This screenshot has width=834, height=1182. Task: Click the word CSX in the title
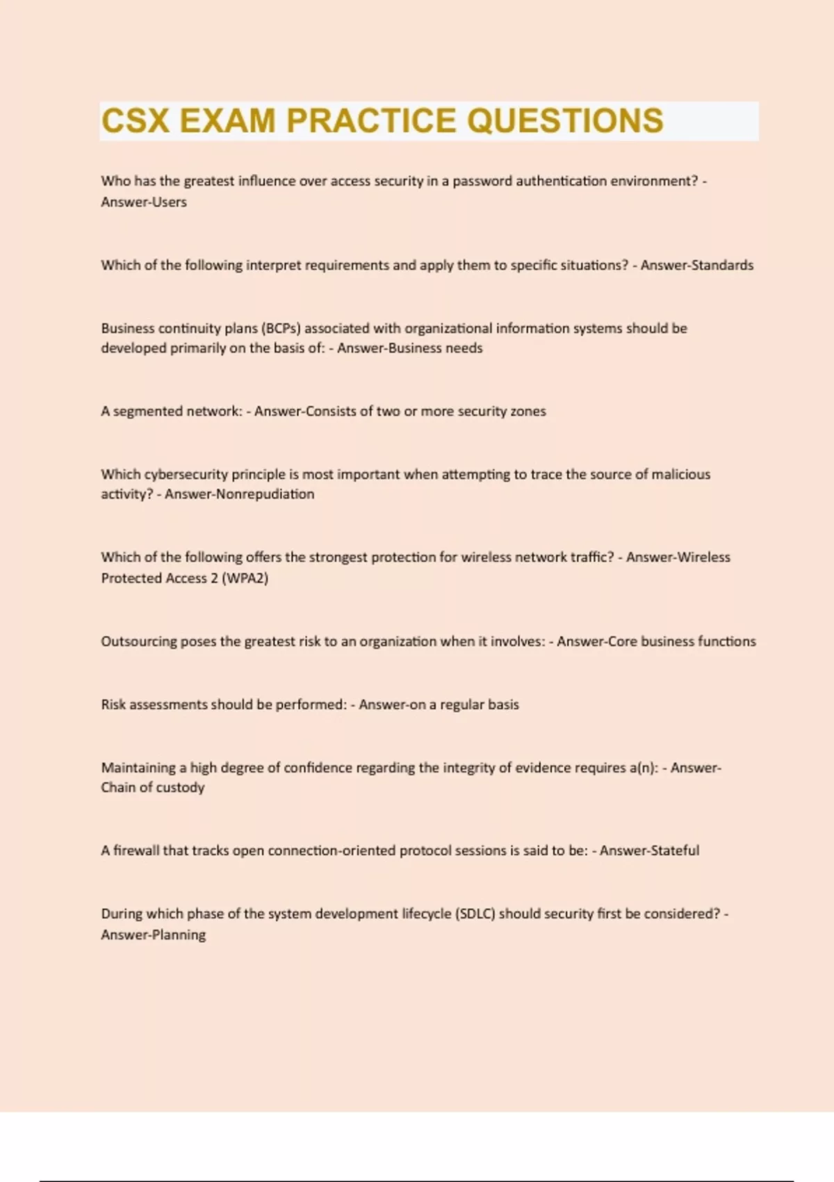136,121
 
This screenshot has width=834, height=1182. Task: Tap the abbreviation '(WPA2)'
245,578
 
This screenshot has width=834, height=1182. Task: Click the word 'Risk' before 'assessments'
113,704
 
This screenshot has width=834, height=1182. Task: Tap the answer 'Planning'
179,935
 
